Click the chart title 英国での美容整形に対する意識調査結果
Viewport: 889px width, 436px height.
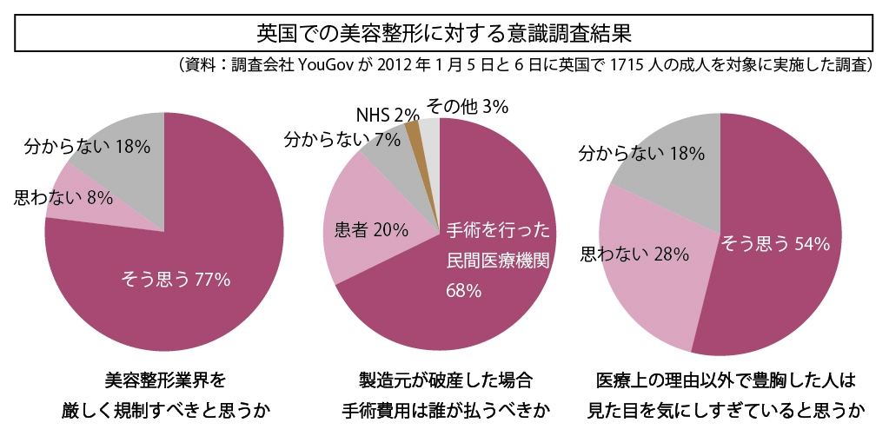(444, 33)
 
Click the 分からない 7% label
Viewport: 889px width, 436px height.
(342, 139)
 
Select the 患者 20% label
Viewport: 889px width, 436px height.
(371, 230)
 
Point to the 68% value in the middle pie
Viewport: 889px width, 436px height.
(463, 291)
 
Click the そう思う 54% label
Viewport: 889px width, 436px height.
(774, 244)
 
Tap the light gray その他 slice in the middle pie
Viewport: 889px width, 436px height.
(430, 135)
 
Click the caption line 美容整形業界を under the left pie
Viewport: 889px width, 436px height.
(164, 380)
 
